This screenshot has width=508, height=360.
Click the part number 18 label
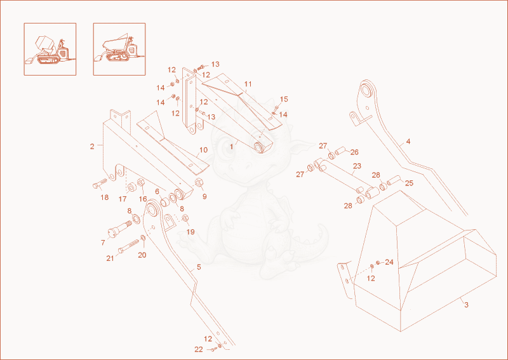coord(104,197)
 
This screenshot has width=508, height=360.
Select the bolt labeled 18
coord(100,183)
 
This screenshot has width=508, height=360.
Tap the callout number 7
coord(103,243)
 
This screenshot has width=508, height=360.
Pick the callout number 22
coord(199,349)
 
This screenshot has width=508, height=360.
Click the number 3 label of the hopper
coord(466,305)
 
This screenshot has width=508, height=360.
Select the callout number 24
coord(389,262)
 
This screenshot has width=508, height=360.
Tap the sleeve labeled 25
coord(394,180)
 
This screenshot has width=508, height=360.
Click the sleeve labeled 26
coord(341,151)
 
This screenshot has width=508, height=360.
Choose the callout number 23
coord(357,166)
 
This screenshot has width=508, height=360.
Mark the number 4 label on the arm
coord(408,142)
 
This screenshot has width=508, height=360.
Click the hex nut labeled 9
coord(199,182)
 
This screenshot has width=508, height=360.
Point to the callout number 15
coord(284,99)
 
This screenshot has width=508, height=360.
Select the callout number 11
coord(248,84)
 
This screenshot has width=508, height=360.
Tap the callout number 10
coord(203,150)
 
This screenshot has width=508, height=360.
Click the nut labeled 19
coord(185,218)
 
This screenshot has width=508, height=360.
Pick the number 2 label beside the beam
coord(92,147)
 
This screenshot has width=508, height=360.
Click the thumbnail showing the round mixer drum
coord(50,49)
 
